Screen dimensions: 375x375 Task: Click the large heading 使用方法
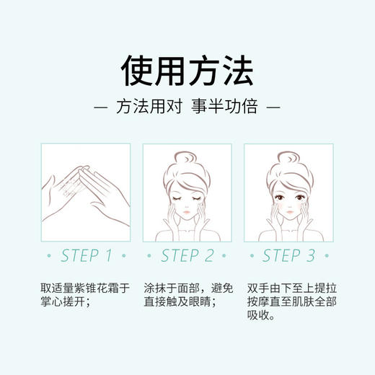(x=187, y=71)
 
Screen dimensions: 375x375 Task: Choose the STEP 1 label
(x=87, y=255)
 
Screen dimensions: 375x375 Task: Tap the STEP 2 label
(x=187, y=255)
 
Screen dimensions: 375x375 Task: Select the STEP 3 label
(x=288, y=255)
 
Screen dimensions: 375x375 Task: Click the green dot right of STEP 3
(x=330, y=256)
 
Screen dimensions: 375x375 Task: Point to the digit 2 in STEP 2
(x=209, y=255)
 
